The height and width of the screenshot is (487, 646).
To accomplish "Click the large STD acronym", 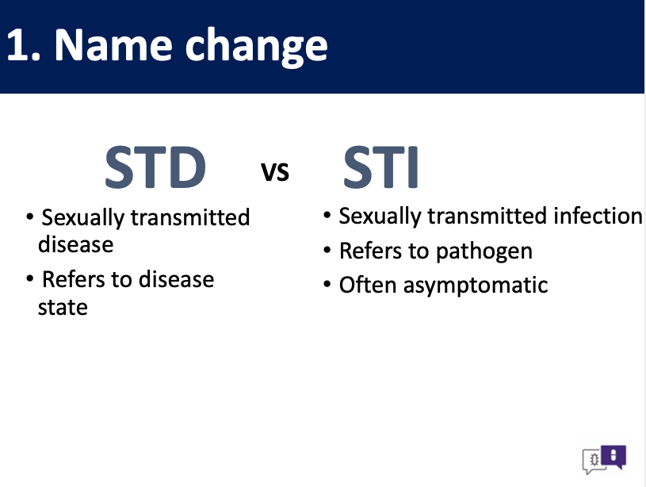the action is (x=155, y=167).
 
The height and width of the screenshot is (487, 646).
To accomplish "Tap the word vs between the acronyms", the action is (x=275, y=171).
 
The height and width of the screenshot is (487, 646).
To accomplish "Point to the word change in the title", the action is (x=256, y=47).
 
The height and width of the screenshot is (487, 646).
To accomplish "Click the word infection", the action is (x=598, y=216).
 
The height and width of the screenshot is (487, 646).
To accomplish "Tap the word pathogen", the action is (x=484, y=252).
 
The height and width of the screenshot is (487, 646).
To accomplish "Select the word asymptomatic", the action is (x=476, y=286).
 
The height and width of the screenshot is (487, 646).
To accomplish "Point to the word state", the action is (x=63, y=308).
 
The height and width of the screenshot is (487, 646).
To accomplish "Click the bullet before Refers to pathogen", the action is (x=327, y=250).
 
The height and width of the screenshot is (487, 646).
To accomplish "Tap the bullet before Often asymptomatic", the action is (x=327, y=284).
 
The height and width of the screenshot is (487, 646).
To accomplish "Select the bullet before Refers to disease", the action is (x=29, y=278).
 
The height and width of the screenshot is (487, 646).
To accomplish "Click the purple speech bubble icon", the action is (x=614, y=457).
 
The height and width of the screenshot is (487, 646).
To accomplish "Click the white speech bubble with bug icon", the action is (x=592, y=461).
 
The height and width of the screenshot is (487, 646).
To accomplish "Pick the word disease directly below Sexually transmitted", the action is (x=76, y=245).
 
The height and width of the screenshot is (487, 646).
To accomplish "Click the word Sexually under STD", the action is (x=82, y=218).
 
